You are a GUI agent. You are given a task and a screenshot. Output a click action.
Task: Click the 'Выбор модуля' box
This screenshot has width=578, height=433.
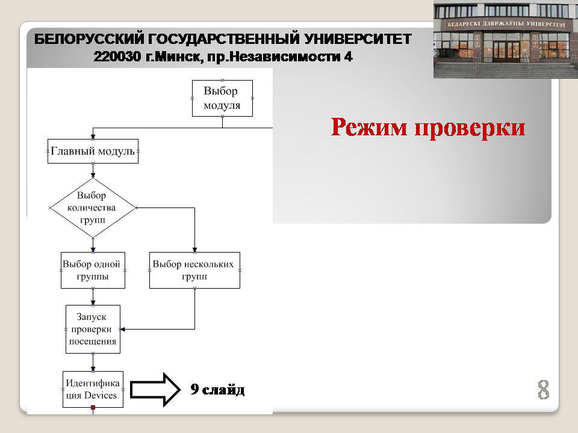pyautogui.click(x=222, y=98)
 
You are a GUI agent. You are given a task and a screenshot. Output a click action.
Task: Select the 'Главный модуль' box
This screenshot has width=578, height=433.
pyautogui.click(x=93, y=152)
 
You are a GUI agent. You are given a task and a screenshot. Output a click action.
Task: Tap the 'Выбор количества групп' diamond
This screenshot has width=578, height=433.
pyautogui.click(x=93, y=207)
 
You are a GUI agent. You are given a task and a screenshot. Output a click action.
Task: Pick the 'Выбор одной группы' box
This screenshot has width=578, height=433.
pyautogui.click(x=93, y=270)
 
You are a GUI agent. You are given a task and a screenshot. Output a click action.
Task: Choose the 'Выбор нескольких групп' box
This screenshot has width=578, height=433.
pyautogui.click(x=194, y=270)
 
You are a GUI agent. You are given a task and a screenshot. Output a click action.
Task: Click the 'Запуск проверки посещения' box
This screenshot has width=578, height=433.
pyautogui.click(x=93, y=329)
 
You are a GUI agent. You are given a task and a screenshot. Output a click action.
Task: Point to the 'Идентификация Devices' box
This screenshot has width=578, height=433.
pyautogui.click(x=93, y=389)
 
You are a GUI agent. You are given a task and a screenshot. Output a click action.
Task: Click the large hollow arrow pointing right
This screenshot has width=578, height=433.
pyautogui.click(x=155, y=390)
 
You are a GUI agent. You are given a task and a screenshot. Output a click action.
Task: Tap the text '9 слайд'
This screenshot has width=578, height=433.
pyautogui.click(x=217, y=389)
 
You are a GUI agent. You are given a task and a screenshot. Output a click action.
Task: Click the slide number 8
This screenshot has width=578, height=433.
pyautogui.click(x=543, y=390)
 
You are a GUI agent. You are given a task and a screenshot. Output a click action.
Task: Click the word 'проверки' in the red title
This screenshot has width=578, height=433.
pyautogui.click(x=470, y=129)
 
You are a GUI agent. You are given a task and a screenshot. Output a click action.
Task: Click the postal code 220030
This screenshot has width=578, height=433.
pyautogui.click(x=117, y=57)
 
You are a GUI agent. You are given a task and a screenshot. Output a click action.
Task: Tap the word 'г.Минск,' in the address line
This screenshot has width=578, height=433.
pyautogui.click(x=175, y=57)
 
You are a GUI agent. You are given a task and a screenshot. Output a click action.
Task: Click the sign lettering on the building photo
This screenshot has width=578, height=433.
pyautogui.click(x=506, y=24)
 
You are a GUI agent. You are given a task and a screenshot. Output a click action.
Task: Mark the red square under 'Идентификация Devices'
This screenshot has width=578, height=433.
pyautogui.click(x=93, y=408)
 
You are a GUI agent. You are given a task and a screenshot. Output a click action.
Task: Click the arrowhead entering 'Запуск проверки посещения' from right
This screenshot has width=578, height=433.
pyautogui.click(x=123, y=329)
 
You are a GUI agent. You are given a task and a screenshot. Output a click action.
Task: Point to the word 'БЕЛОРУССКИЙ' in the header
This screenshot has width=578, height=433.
pyautogui.click(x=89, y=39)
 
